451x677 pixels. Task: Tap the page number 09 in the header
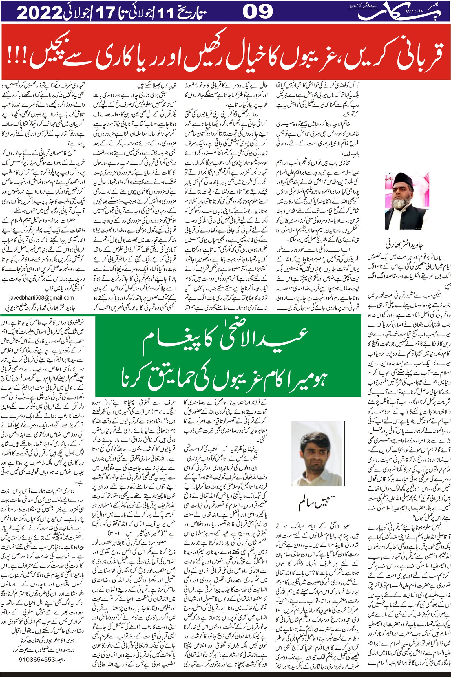coord(257,12)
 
